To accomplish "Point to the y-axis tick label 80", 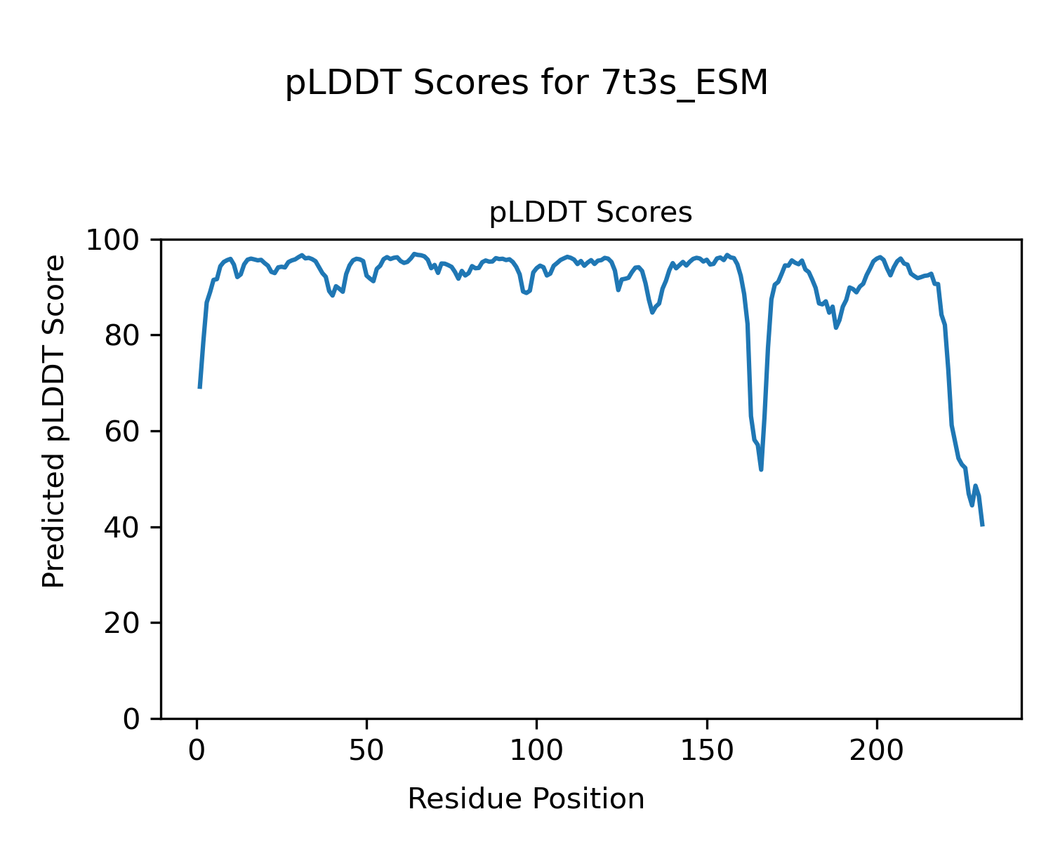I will (124, 336).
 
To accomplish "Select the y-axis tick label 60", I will (124, 432).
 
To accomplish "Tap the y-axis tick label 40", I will (124, 528).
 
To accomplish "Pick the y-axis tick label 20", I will (124, 624).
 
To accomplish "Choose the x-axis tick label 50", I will (366, 750).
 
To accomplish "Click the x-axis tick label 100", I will (536, 750).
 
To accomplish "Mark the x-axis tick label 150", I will (706, 750).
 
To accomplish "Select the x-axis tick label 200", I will (876, 750).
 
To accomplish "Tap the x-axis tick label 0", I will (197, 750).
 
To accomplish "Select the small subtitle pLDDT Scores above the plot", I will (590, 213).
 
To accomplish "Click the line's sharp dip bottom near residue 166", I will (761, 469).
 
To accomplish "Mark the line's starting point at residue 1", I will (200, 387).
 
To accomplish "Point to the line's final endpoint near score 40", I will (982, 525).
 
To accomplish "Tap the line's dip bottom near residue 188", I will (836, 328).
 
